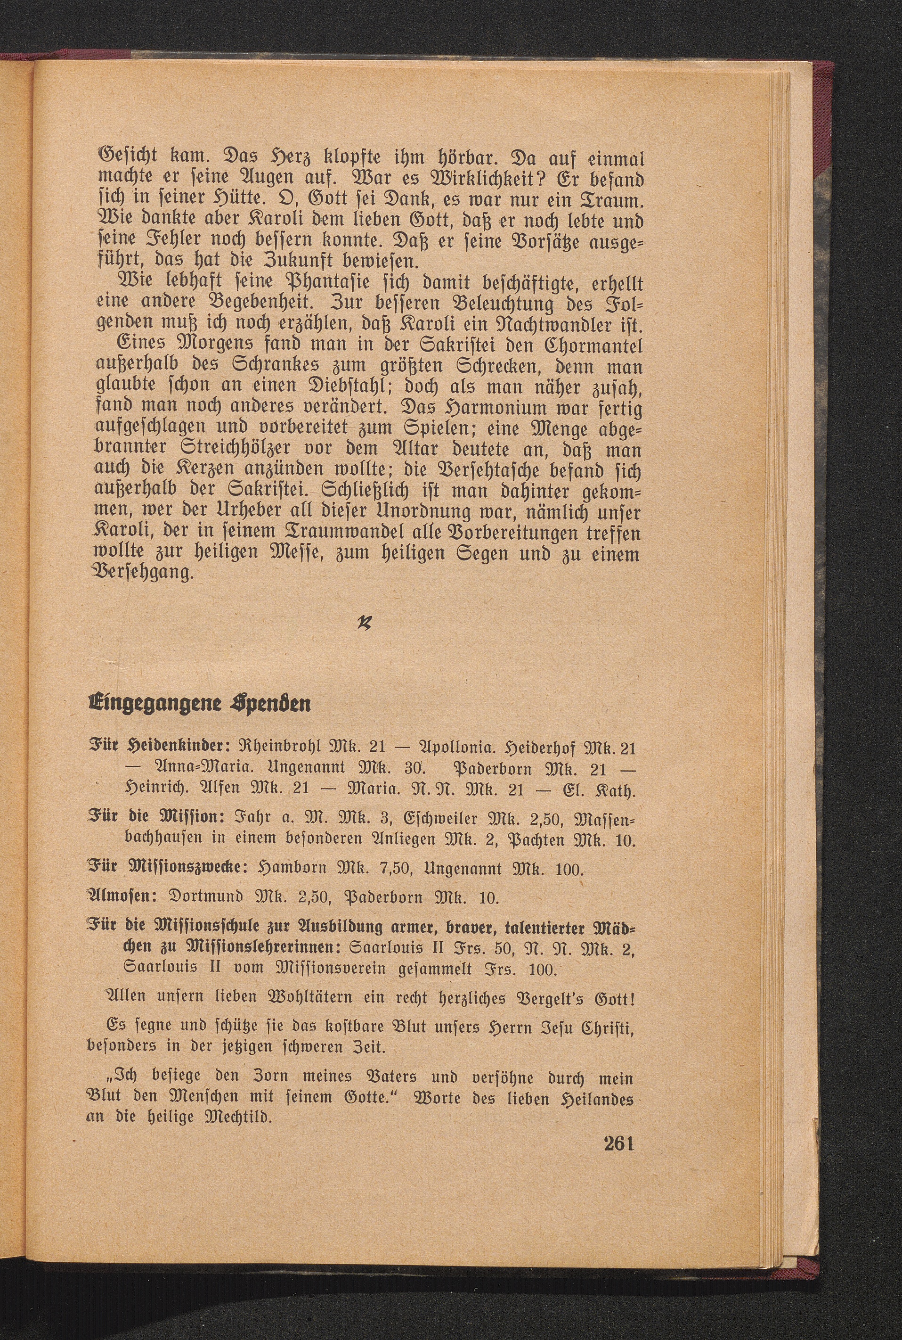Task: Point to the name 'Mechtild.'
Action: tap(233, 1117)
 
